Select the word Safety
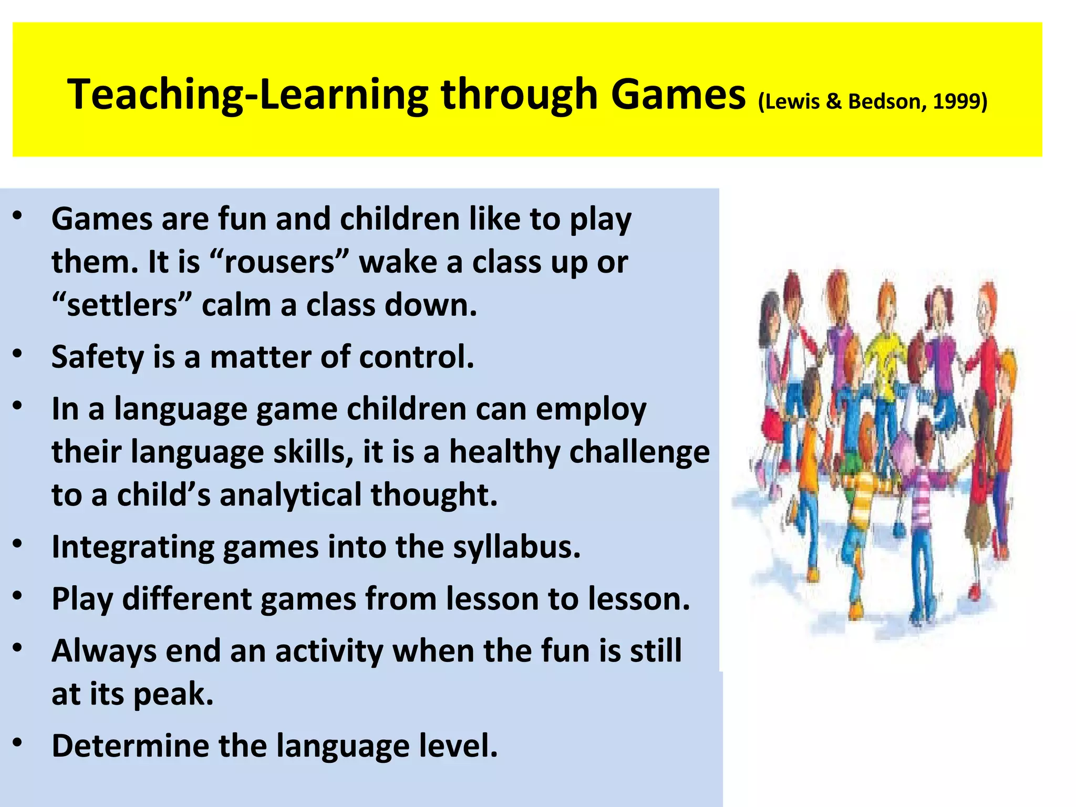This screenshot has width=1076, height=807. tap(98, 357)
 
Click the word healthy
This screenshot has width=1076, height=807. tap(505, 452)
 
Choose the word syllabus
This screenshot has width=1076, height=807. tap(517, 547)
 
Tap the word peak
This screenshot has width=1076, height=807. tap(173, 694)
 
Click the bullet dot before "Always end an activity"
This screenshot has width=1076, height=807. tap(18, 648)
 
